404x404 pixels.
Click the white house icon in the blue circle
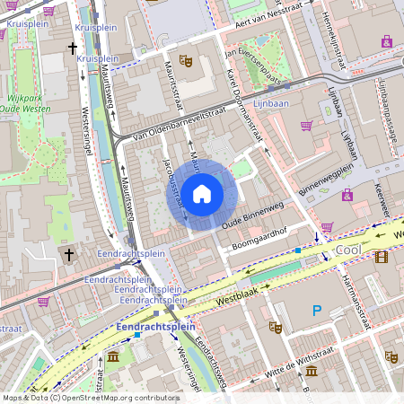(201, 194)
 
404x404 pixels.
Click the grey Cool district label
(347, 252)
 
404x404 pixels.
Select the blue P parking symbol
(316, 311)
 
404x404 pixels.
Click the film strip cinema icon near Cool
(383, 258)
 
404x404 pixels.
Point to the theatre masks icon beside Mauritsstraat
(187, 60)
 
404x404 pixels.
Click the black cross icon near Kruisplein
(72, 48)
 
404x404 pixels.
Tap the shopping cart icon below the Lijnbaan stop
(306, 126)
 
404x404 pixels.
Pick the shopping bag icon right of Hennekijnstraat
(386, 41)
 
